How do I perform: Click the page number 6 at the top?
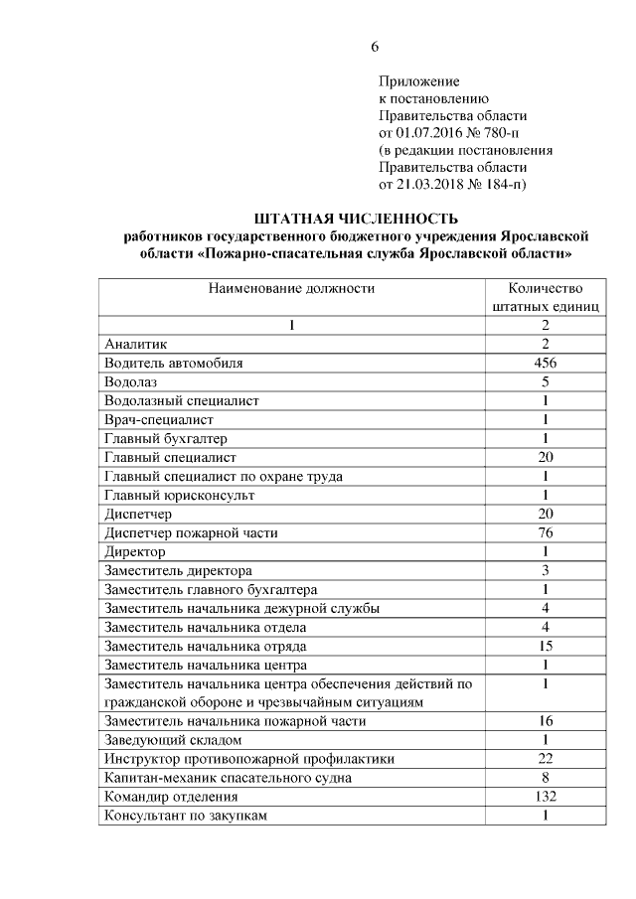click(x=375, y=48)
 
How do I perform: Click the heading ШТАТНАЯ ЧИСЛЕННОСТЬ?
click(x=355, y=219)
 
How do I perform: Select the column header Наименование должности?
click(x=291, y=289)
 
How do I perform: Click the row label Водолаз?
click(x=131, y=381)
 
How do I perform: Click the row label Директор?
click(x=134, y=551)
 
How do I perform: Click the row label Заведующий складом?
click(x=173, y=740)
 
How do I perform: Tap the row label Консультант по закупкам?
click(x=187, y=816)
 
